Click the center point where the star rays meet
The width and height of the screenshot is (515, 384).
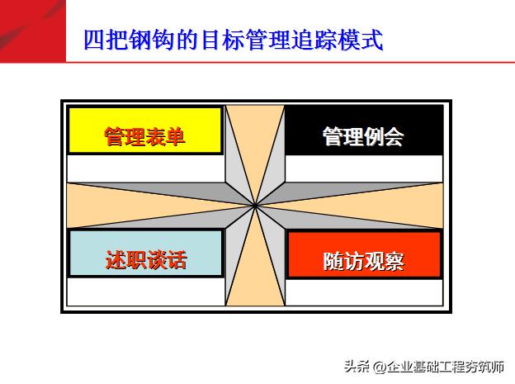[x=255, y=206]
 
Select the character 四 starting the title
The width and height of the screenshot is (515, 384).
[x=94, y=40]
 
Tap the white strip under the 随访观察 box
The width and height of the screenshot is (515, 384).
[x=364, y=293]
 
